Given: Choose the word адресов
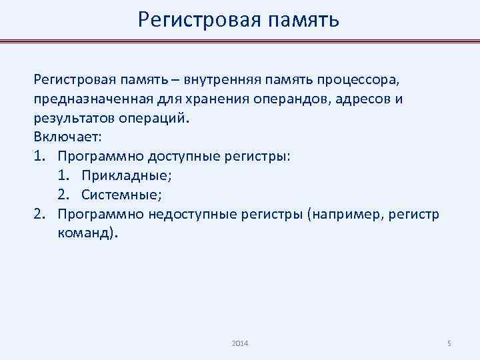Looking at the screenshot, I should point(364,99).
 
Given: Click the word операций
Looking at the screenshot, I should point(143,119).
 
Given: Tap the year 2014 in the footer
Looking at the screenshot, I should point(240,343).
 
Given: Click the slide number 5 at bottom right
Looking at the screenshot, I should point(449,343).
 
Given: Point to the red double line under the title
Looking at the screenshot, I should point(240,41).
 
